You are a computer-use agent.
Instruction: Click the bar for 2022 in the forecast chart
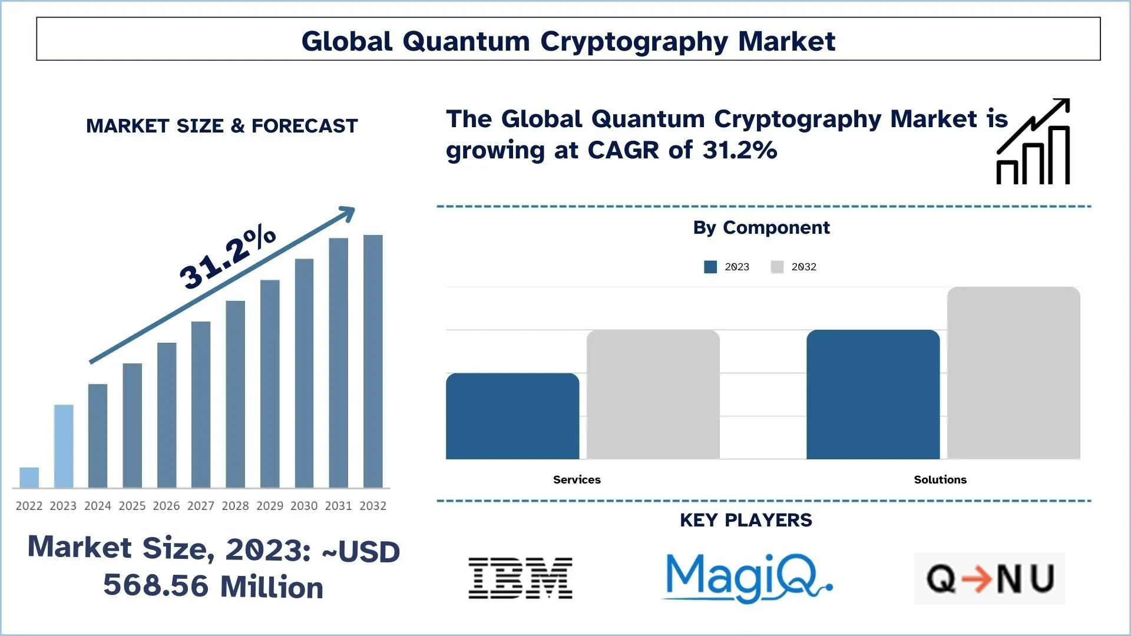click(x=29, y=478)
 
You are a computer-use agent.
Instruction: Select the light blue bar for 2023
click(x=64, y=446)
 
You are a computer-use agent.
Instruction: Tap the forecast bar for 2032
click(x=373, y=362)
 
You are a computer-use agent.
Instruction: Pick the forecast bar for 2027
click(x=201, y=405)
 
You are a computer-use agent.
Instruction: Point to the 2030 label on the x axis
click(x=304, y=506)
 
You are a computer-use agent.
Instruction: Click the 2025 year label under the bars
click(x=132, y=506)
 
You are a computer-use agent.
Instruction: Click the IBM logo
click(x=520, y=578)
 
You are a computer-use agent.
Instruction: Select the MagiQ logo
click(x=747, y=578)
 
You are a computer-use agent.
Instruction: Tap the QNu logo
click(x=990, y=578)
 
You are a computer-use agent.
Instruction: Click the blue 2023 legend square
click(x=710, y=267)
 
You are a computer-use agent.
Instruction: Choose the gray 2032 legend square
click(x=777, y=267)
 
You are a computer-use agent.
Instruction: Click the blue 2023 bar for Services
click(x=512, y=416)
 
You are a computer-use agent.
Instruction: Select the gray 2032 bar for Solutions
click(x=1013, y=373)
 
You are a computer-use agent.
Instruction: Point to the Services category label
click(x=577, y=479)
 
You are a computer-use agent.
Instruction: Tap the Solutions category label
click(x=940, y=479)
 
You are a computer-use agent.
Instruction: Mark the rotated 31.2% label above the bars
click(x=227, y=257)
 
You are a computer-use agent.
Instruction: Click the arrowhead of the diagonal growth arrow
click(x=348, y=213)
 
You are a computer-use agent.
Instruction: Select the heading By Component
click(x=761, y=227)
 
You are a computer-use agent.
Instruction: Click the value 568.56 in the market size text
click(x=156, y=585)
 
